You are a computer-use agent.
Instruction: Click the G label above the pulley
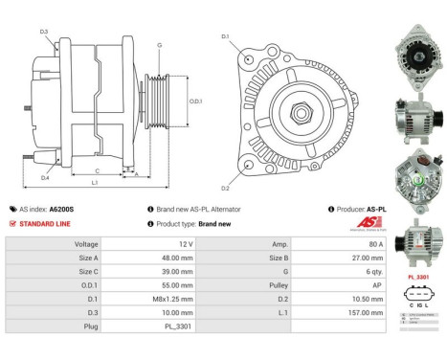(159, 45)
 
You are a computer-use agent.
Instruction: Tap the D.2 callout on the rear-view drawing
(225, 187)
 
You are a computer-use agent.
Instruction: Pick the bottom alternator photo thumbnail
(418, 238)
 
